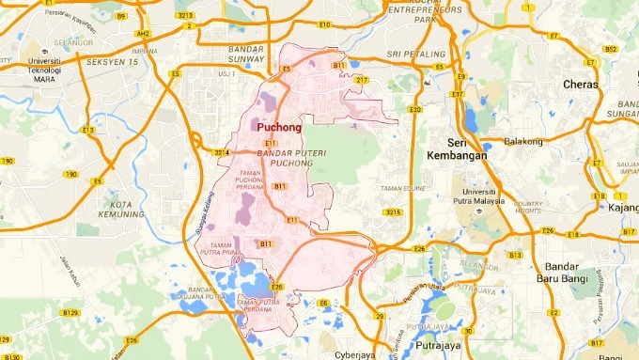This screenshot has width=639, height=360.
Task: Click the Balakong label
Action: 524,142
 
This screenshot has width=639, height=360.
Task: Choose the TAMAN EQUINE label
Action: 403,189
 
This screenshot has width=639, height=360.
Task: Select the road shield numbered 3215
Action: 393,213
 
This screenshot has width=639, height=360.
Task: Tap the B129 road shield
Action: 70,312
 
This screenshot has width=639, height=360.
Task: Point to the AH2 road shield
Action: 144,33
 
